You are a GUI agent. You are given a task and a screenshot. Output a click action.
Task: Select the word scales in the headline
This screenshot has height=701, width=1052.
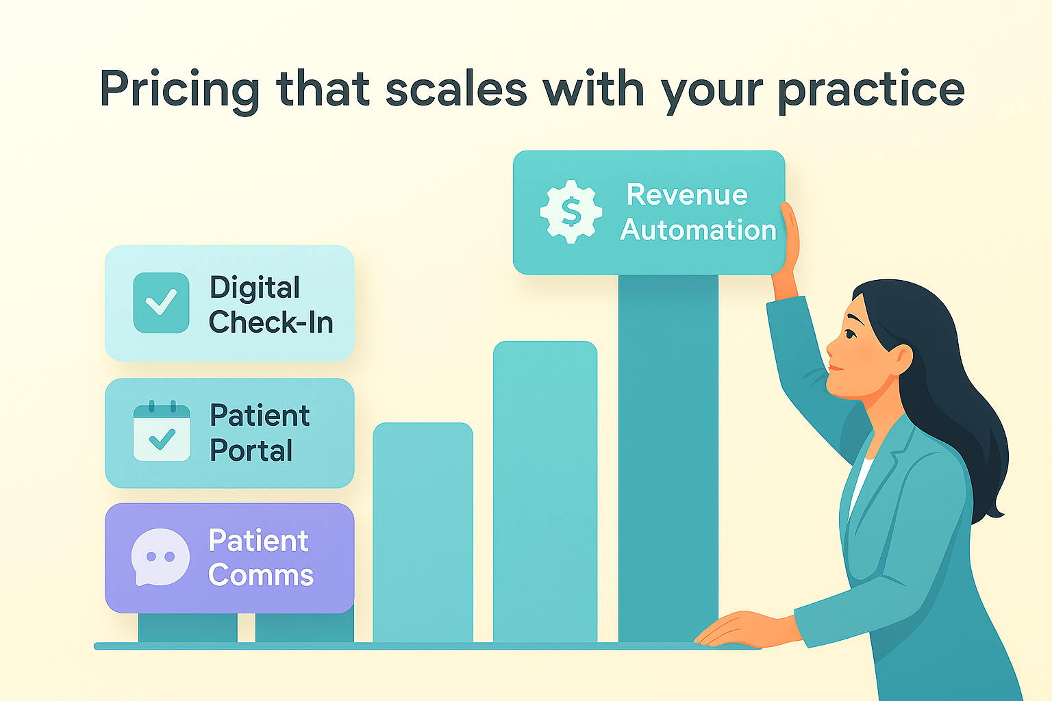point(456,88)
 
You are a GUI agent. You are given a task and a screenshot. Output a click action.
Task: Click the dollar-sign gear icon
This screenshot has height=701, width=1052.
point(571,212)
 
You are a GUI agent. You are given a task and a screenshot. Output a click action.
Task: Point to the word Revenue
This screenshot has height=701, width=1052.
point(687,194)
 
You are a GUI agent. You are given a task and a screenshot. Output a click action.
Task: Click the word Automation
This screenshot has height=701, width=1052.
point(698,229)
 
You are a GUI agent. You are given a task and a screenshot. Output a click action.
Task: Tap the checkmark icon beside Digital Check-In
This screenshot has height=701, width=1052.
point(161,303)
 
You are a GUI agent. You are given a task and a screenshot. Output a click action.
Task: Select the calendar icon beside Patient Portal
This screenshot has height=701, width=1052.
point(162,431)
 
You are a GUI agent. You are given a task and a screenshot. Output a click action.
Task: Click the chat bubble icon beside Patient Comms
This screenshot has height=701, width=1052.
point(160,557)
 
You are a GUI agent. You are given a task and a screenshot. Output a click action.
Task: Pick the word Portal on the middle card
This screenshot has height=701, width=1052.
point(251,450)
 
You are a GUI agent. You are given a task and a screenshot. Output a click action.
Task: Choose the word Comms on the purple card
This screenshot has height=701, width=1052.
point(261,575)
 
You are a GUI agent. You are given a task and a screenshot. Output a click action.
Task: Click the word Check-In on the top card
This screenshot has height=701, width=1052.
point(271,322)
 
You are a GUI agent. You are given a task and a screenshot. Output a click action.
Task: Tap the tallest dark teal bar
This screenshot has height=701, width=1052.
point(668,458)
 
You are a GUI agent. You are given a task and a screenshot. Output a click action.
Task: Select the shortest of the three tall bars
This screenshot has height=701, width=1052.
point(423,533)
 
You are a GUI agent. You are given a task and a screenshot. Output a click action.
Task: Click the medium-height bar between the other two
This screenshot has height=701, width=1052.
point(545,492)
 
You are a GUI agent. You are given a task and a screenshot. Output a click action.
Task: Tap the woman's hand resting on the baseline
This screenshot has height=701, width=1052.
point(747,630)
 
